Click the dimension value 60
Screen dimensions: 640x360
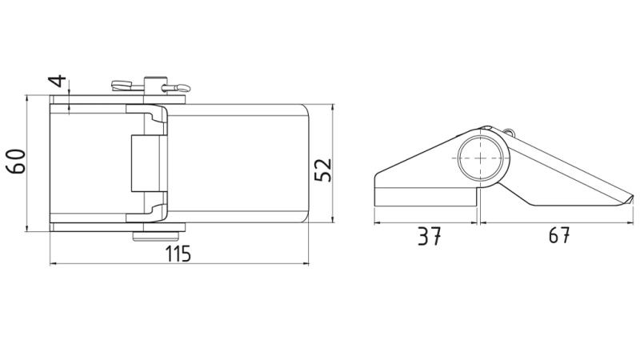click(x=17, y=162)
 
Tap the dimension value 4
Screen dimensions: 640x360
click(x=58, y=81)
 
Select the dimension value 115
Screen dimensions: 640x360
click(x=178, y=254)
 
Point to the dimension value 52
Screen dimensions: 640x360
click(x=324, y=170)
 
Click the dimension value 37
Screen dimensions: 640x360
click(x=430, y=237)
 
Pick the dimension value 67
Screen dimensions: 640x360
click(x=559, y=235)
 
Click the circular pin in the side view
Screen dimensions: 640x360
click(x=481, y=158)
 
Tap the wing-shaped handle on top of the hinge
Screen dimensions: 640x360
click(x=122, y=86)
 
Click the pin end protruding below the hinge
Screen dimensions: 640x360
click(x=156, y=236)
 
